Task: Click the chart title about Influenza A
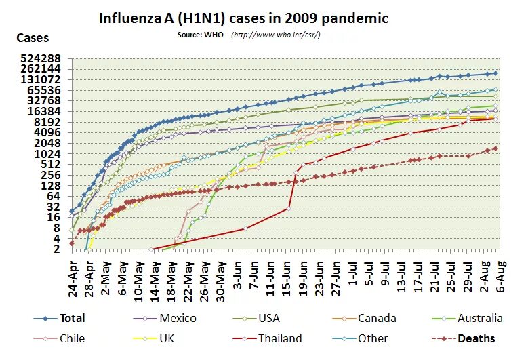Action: click(244, 18)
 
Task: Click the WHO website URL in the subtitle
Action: click(276, 35)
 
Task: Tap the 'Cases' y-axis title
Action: click(33, 39)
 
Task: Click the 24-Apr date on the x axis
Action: click(73, 277)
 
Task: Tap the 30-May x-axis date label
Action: click(220, 277)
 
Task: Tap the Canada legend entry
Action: click(378, 319)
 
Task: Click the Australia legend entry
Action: click(480, 319)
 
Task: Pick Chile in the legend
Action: click(72, 339)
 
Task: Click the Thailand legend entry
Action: click(279, 339)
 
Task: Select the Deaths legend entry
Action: click(475, 339)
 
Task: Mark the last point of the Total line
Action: click(495, 73)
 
